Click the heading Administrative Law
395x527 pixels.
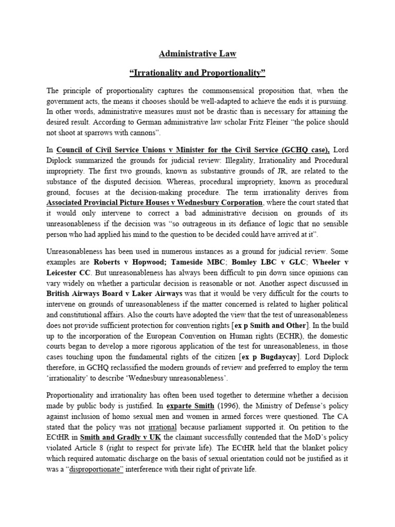pos(197,53)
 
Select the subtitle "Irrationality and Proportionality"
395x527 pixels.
pos(197,73)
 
